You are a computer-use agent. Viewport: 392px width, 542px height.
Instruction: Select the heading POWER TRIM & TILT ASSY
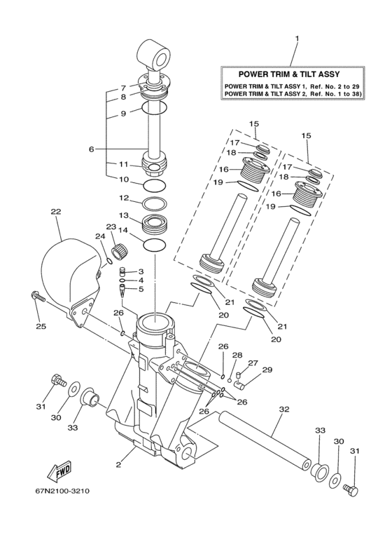pyautogui.click(x=289, y=74)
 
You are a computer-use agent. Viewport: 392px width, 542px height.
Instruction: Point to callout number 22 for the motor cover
pyautogui.click(x=56, y=212)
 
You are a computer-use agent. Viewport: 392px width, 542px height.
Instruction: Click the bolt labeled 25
pyautogui.click(x=38, y=297)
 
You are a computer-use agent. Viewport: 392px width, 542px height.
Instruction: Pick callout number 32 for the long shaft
pyautogui.click(x=284, y=409)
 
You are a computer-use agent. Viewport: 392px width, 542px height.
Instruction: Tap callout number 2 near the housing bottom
pyautogui.click(x=118, y=465)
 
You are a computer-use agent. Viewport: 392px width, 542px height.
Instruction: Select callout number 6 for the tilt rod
pyautogui.click(x=91, y=149)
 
